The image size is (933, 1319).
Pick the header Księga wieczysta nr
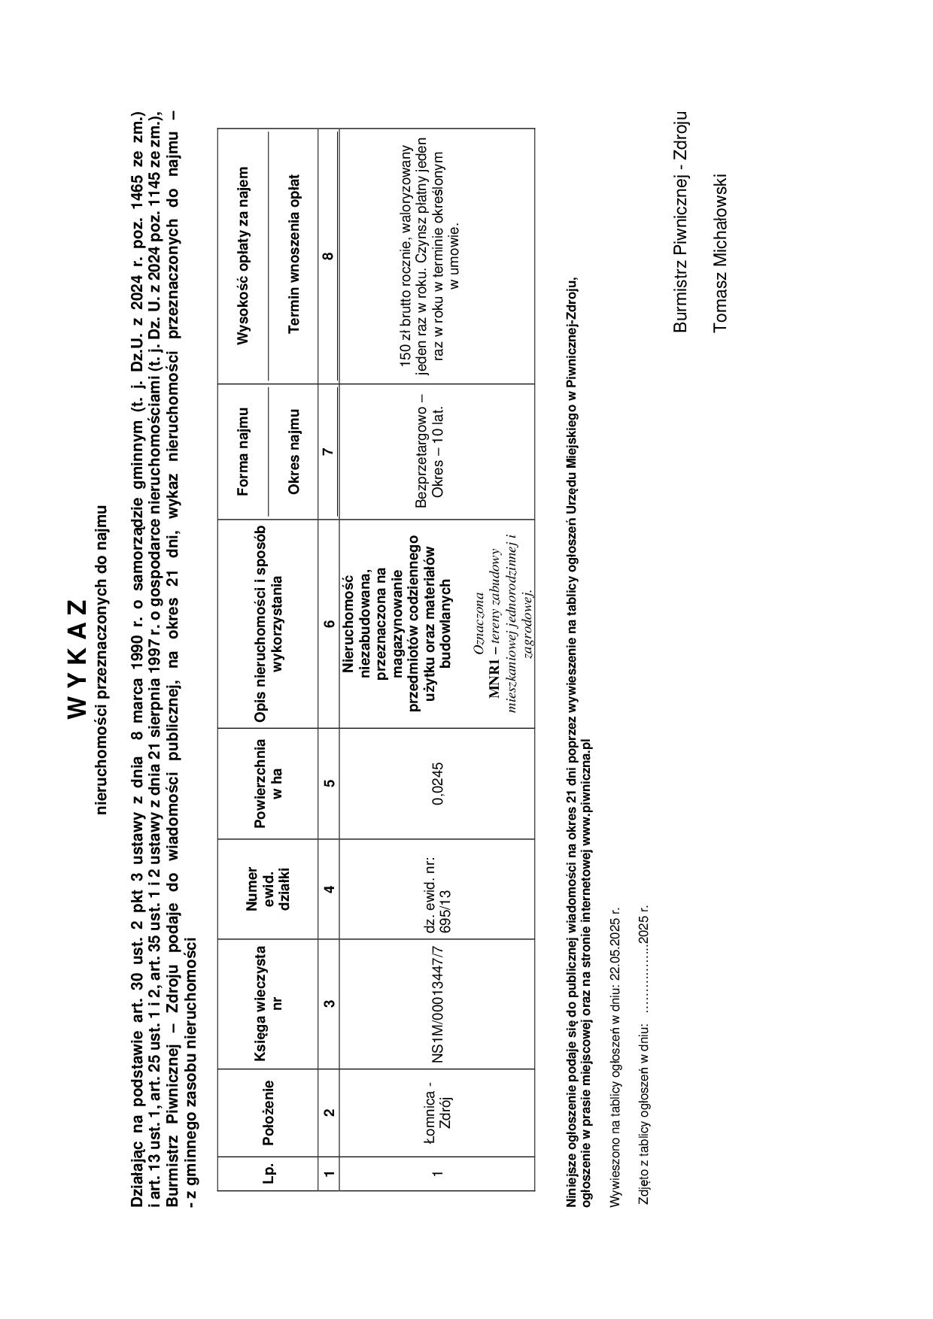pyautogui.click(x=267, y=1004)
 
